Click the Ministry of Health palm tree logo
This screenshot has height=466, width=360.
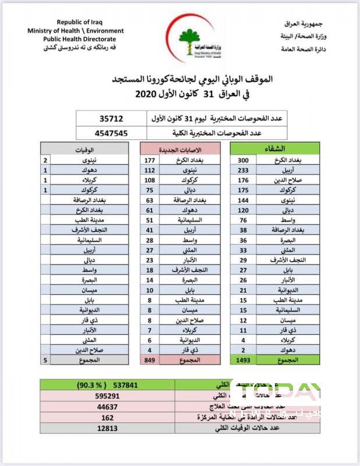(188, 39)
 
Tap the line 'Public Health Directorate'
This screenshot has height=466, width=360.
(78, 38)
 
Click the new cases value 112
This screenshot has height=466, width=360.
(150, 170)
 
